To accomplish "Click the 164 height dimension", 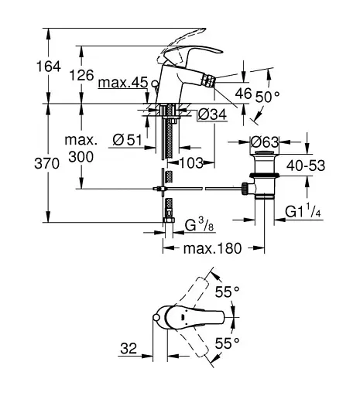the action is click(x=49, y=67).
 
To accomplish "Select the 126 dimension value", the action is click(x=81, y=76).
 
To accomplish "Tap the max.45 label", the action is click(x=123, y=83).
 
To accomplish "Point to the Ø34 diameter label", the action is click(x=212, y=114).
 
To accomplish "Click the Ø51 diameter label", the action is click(x=128, y=140).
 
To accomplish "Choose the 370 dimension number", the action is click(x=47, y=163).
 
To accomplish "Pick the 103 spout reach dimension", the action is click(x=191, y=163).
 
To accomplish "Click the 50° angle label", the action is click(x=268, y=97).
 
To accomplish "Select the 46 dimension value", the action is click(x=243, y=93).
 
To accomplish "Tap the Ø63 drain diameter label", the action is click(x=265, y=142).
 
